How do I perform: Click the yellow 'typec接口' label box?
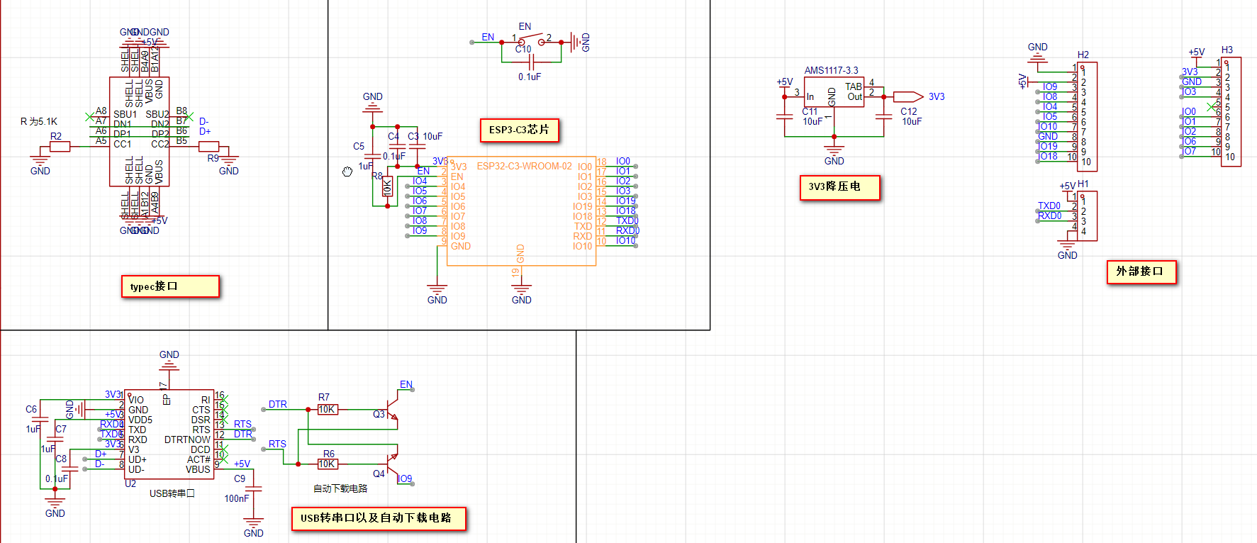[x=170, y=286]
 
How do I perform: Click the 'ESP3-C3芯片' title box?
[x=519, y=130]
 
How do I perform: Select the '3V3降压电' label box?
[x=839, y=187]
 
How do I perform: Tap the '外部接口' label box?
[x=1141, y=271]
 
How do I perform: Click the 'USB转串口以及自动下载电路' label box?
[x=379, y=518]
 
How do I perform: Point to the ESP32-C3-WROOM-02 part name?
[x=524, y=167]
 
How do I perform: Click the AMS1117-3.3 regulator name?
[x=831, y=71]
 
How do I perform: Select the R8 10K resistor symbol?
[x=387, y=187]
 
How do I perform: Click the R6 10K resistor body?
[x=327, y=464]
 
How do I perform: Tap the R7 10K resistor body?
[x=327, y=410]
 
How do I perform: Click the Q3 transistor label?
[x=379, y=415]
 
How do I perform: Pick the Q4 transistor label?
[x=379, y=474]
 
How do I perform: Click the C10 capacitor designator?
[x=523, y=50]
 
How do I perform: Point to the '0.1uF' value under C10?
[x=530, y=77]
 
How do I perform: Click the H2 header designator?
[x=1083, y=55]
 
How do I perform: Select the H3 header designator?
[x=1227, y=50]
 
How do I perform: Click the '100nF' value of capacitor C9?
[x=237, y=499]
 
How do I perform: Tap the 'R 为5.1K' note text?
[x=39, y=122]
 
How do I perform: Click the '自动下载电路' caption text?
[x=340, y=489]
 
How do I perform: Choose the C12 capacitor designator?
[x=909, y=112]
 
